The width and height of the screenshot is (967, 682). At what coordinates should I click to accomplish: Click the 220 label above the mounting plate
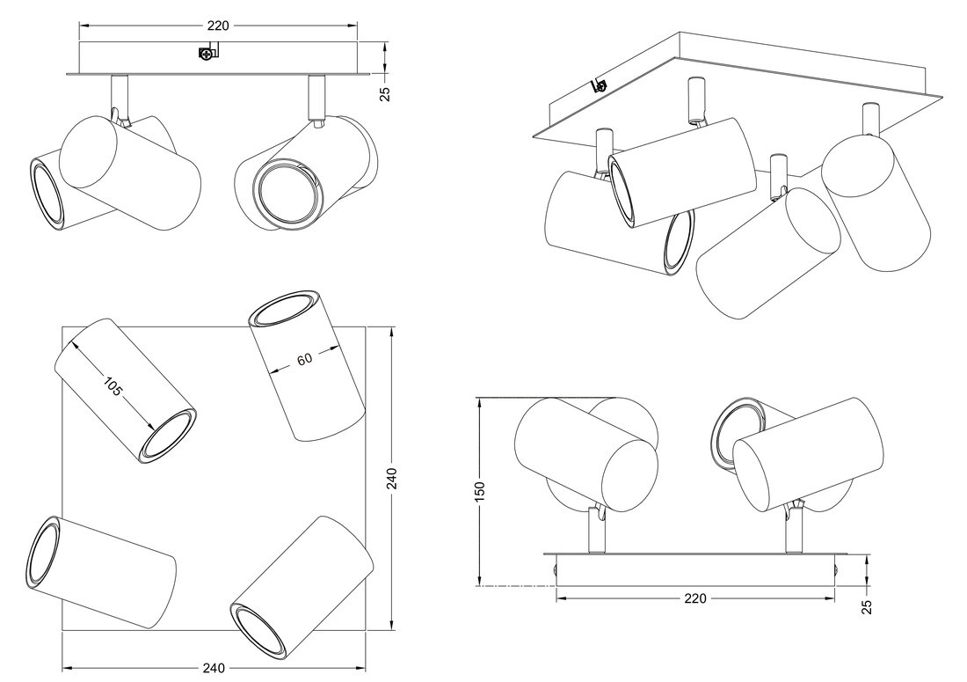[x=218, y=26]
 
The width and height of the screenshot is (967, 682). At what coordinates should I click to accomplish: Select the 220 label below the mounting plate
[x=694, y=598]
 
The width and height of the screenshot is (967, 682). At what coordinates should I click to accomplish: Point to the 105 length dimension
[x=113, y=385]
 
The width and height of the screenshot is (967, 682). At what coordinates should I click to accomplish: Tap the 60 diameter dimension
[x=305, y=359]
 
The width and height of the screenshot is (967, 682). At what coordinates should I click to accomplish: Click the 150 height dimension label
[x=480, y=490]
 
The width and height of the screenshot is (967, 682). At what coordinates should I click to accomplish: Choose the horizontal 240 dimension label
[x=213, y=668]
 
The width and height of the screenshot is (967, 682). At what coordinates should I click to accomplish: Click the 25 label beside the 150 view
[x=866, y=606]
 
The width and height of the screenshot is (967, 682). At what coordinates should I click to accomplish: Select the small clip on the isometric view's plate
[x=600, y=84]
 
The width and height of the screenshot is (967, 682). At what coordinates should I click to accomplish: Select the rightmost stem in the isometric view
[x=869, y=119]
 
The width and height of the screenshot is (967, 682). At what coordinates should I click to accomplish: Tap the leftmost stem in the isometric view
[x=604, y=145]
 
